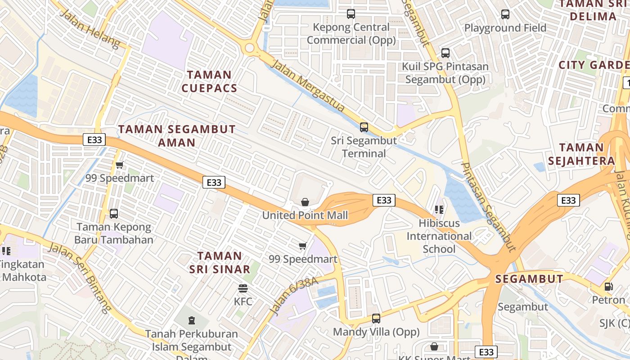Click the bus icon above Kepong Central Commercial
coord(351,14)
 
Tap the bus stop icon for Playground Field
coord(505,14)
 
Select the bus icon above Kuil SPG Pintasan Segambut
coord(445,53)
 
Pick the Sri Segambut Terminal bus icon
coord(364,127)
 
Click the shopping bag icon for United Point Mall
coord(305,202)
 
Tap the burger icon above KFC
coord(243,288)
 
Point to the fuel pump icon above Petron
coord(608,286)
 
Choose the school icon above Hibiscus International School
coord(439,209)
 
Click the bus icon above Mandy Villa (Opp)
coord(376,319)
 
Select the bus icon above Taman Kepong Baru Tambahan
coord(114,214)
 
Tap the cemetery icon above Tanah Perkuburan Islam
coord(192,320)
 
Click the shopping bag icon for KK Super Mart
coord(434,346)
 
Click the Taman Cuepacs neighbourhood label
coord(209,81)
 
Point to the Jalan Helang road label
coord(90,29)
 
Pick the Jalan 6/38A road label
coord(294,296)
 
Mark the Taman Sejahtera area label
coord(587,154)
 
